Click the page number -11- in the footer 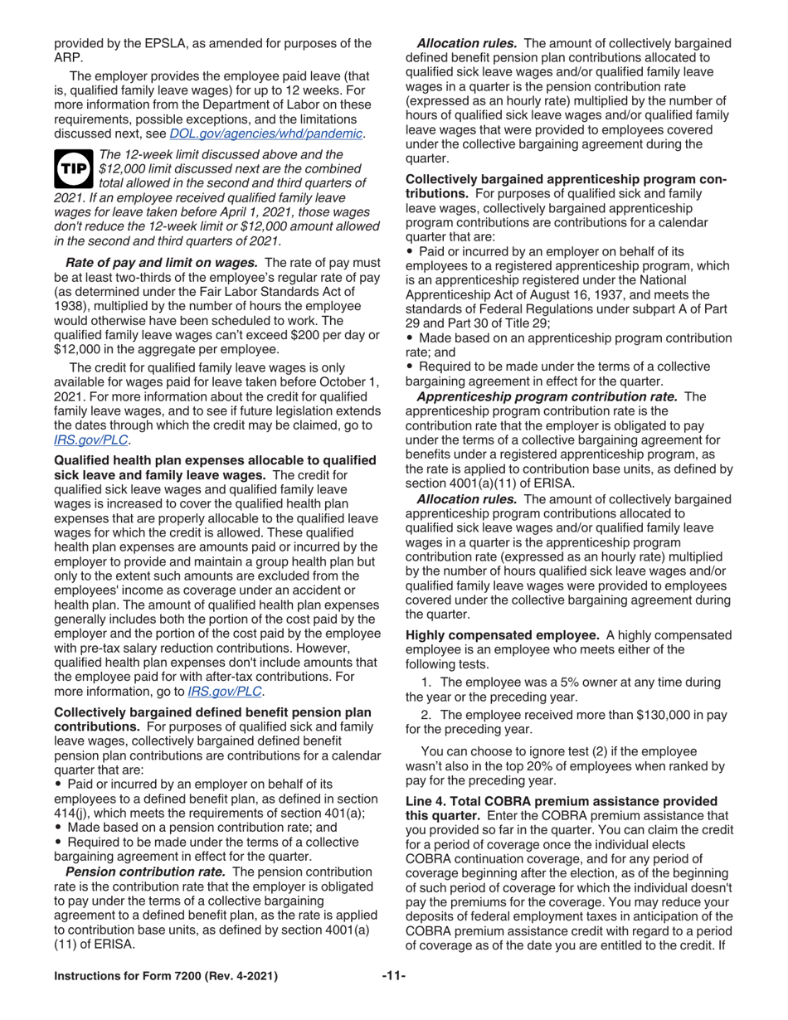[x=393, y=976]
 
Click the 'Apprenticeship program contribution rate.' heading [x=547, y=396]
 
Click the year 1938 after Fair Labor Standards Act [x=71, y=306]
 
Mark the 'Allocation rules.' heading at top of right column [x=467, y=43]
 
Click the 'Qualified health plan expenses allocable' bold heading [x=215, y=460]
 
